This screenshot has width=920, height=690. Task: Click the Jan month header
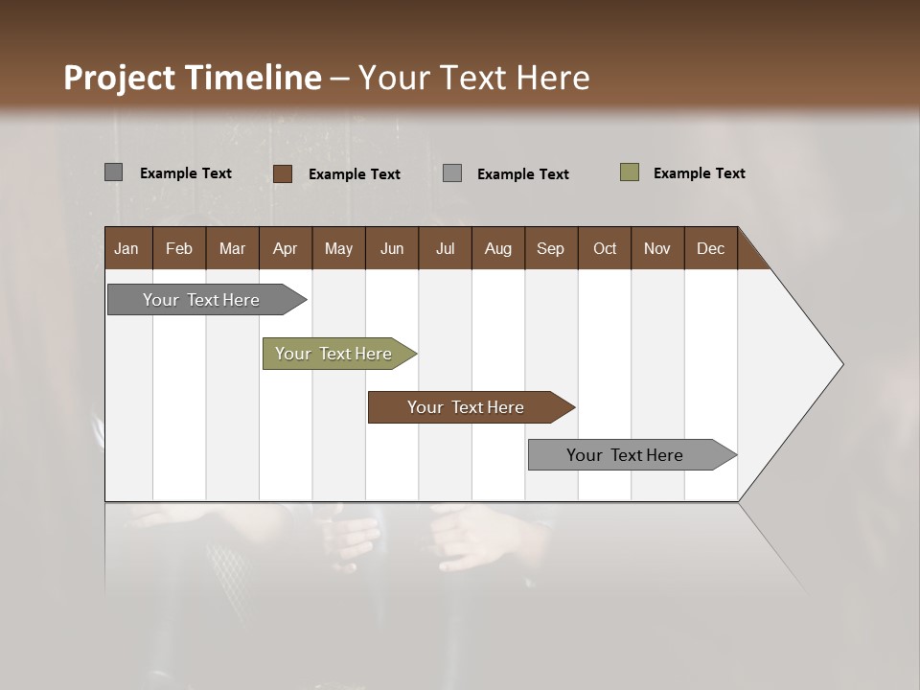click(x=126, y=248)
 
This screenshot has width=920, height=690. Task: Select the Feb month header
click(x=179, y=248)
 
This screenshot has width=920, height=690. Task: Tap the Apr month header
click(x=285, y=248)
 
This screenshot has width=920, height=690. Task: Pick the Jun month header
click(x=392, y=248)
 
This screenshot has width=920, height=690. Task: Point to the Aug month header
click(x=497, y=248)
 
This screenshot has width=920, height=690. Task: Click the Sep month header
click(x=550, y=248)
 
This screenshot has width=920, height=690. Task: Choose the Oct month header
click(x=605, y=248)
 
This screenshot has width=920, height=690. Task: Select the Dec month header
click(x=710, y=248)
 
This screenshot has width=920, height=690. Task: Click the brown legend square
click(x=283, y=173)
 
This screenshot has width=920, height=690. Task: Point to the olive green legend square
click(x=630, y=172)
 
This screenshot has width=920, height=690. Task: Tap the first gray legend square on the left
click(x=114, y=172)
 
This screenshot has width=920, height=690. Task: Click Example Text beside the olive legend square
click(x=699, y=173)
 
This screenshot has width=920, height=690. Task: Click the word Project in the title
click(x=119, y=78)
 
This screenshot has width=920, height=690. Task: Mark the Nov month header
click(x=657, y=248)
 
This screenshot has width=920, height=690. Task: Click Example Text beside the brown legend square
click(x=354, y=174)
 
